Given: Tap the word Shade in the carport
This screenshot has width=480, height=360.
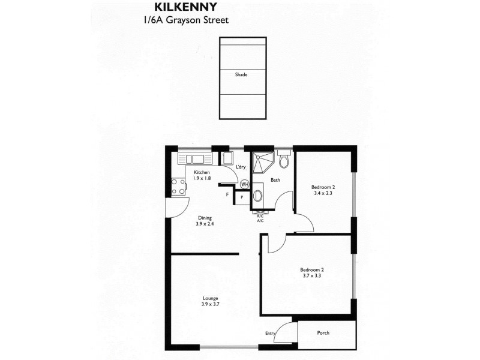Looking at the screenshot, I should pos(241,75).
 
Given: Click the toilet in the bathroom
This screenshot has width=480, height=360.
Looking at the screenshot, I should pos(285,161).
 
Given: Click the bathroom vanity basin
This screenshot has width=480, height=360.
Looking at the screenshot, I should pos(258,195).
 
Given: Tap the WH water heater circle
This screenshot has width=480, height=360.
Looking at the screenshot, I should pos(245,184).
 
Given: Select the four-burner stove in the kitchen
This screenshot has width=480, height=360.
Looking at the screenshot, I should pos(178,187).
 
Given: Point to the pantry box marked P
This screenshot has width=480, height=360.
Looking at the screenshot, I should pos(242,197).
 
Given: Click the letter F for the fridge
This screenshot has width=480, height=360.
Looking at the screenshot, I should pos(227,194).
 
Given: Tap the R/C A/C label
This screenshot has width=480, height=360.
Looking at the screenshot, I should pos(260,218).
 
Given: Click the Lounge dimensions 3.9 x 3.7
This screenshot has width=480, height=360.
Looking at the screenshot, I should pos(210,305).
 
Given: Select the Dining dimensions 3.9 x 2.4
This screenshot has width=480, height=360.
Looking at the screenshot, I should pos(205,224).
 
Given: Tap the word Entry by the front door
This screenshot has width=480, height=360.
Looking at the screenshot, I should pos(270,333).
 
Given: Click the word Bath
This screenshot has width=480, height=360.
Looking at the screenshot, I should pos(275,180).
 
